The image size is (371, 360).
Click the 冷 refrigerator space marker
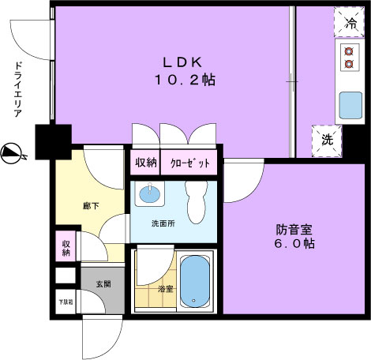click(349, 23)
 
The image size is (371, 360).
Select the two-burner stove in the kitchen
click(348, 56)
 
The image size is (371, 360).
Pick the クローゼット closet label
click(190, 163)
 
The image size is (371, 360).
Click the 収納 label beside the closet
click(145, 163)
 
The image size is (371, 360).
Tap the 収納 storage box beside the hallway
click(66, 248)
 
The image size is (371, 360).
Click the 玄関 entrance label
click(103, 284)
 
